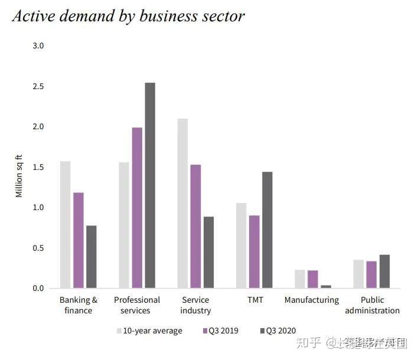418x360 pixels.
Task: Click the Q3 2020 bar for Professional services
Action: click(x=150, y=185)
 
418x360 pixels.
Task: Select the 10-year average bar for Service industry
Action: click(x=183, y=203)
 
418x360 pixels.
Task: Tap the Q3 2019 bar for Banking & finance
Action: click(x=79, y=240)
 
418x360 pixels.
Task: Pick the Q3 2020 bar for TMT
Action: click(x=267, y=230)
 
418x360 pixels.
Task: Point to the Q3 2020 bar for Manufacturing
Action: click(x=326, y=286)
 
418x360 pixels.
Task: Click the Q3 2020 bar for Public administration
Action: click(x=384, y=271)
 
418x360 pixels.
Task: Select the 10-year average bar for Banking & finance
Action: click(x=66, y=224)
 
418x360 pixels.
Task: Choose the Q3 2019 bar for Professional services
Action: click(x=137, y=208)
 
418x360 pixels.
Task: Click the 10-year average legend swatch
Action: click(x=120, y=330)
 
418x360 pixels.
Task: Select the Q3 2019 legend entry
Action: click(x=220, y=330)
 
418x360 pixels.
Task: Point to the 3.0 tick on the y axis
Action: click(x=38, y=45)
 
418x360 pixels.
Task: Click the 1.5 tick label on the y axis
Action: click(x=38, y=167)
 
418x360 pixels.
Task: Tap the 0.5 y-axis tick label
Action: click(x=38, y=248)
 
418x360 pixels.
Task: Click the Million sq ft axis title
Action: click(x=19, y=175)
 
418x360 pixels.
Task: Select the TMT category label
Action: click(x=255, y=300)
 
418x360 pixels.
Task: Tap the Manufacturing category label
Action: click(x=312, y=300)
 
